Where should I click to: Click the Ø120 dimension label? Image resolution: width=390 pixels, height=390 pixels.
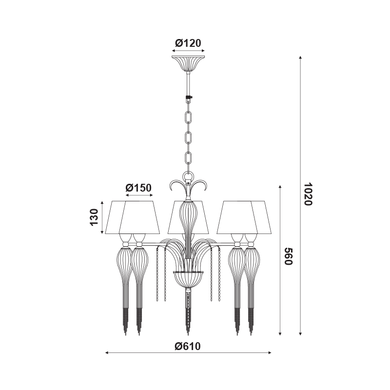[x=188, y=43]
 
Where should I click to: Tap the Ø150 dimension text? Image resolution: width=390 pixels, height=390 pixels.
[x=138, y=188]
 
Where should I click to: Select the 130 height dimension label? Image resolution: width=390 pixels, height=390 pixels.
[x=94, y=217]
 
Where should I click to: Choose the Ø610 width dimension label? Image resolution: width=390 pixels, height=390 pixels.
[x=188, y=346]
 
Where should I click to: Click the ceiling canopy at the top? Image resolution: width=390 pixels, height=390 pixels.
[x=188, y=63]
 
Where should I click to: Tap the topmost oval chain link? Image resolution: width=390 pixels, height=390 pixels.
[x=189, y=118]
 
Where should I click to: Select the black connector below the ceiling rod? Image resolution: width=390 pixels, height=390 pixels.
[x=189, y=98]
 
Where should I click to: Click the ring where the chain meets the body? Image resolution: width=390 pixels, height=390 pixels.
[x=188, y=176]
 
